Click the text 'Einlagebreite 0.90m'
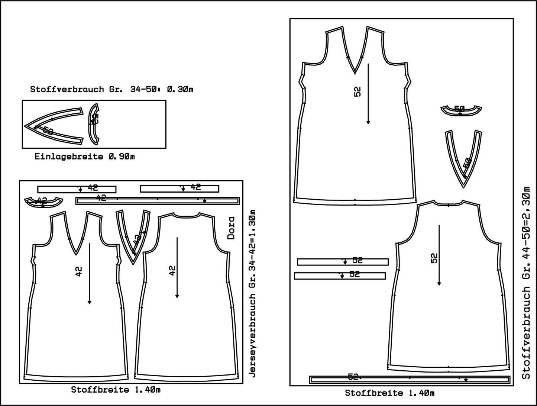click(85, 157)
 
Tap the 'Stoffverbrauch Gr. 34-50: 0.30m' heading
click(112, 89)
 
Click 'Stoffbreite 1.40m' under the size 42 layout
click(116, 390)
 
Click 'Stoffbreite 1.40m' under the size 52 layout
click(389, 393)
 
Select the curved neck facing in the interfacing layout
click(94, 124)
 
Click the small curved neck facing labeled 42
click(43, 202)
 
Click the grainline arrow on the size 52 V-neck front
click(368, 93)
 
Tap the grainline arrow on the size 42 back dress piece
click(177, 268)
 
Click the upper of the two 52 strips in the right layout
click(343, 262)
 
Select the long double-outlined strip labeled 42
click(157, 201)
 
